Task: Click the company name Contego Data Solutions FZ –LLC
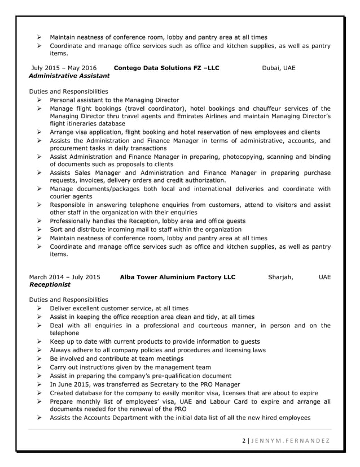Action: click(x=166, y=68)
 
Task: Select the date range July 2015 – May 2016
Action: click(x=64, y=68)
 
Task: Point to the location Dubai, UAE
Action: click(x=279, y=68)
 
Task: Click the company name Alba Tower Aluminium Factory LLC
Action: click(x=178, y=278)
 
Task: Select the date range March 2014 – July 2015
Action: click(x=64, y=278)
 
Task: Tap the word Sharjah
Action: click(x=280, y=278)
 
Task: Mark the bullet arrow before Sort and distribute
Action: click(x=40, y=230)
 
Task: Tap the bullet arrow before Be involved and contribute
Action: click(x=40, y=359)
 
